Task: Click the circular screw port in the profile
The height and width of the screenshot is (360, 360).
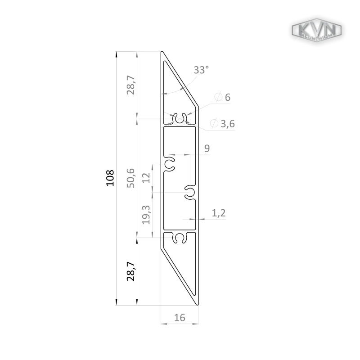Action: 180,119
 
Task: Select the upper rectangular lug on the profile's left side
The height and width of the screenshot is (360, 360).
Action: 131,85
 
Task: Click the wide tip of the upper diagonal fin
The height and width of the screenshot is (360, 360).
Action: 200,69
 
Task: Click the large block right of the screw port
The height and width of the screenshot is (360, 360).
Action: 223,126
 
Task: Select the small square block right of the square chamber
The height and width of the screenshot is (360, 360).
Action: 207,151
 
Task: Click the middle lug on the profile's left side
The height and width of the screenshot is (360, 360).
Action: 132,178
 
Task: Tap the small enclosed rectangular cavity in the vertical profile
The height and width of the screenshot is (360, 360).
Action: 145,216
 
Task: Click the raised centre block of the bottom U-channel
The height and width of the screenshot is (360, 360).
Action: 180,317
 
